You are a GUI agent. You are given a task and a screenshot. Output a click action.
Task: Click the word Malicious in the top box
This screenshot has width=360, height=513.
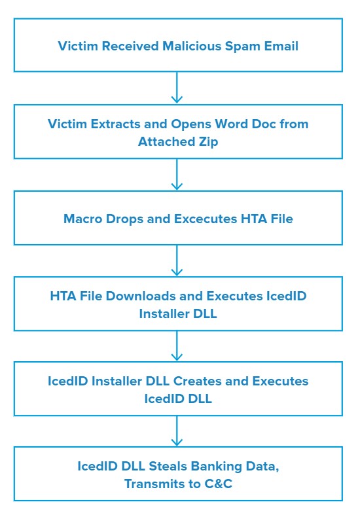(x=192, y=46)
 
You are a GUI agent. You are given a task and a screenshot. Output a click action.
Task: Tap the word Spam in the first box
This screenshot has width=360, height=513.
(x=242, y=46)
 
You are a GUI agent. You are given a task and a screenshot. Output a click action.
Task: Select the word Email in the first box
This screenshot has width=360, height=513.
(x=281, y=46)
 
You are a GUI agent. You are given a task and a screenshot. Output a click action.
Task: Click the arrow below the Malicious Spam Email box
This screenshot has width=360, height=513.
(x=177, y=88)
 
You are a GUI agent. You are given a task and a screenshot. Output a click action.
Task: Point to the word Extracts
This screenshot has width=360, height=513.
(x=115, y=124)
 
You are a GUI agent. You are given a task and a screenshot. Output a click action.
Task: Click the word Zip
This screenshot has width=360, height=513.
(x=208, y=142)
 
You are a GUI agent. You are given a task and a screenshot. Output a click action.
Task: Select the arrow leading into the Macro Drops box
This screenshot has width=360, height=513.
(x=177, y=174)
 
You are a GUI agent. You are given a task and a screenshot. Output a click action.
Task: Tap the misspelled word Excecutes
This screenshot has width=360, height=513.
(x=206, y=219)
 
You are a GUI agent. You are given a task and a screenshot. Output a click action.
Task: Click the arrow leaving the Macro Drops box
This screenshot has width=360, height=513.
(x=177, y=260)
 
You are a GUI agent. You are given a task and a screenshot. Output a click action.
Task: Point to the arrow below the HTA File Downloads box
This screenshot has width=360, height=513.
(x=177, y=345)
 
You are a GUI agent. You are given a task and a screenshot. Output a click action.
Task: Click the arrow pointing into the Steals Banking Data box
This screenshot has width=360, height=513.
(x=177, y=431)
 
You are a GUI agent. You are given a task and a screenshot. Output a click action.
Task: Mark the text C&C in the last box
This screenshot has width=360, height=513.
(x=219, y=484)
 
